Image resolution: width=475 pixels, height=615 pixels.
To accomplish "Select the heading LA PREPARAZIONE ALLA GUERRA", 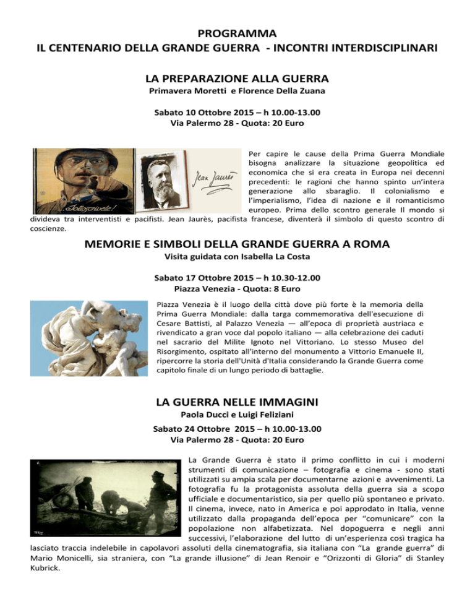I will point(237,79).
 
